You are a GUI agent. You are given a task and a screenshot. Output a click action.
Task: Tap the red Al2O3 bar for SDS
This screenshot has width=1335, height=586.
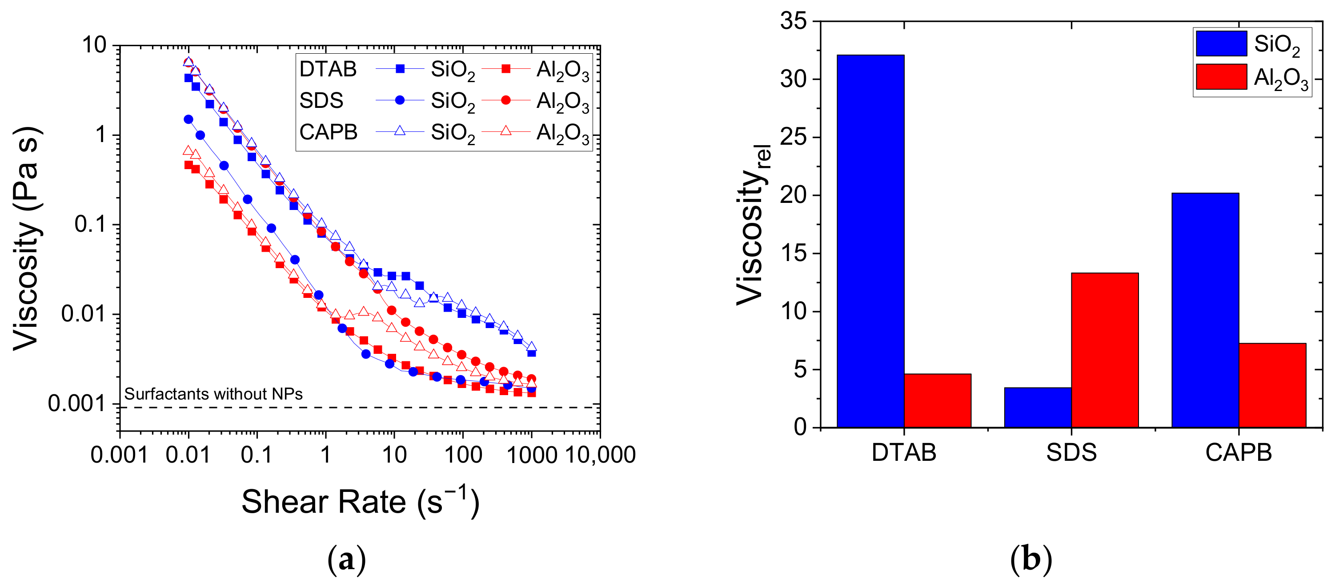1104,350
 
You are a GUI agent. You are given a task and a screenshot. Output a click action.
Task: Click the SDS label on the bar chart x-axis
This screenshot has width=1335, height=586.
1071,452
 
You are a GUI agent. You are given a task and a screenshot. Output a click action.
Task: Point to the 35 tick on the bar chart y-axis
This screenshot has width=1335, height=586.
793,21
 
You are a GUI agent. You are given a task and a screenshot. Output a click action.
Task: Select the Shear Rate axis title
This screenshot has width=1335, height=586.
360,501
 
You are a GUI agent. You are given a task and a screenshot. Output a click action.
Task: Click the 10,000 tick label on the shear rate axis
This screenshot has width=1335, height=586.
600,455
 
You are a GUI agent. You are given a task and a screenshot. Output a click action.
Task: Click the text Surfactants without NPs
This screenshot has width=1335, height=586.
213,394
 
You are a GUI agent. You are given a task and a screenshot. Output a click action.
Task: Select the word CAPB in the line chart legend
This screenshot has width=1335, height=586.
328,132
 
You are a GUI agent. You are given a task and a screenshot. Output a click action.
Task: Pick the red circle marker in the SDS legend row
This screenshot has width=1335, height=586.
506,100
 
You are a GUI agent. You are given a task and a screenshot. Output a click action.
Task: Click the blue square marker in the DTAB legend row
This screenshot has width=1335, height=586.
400,69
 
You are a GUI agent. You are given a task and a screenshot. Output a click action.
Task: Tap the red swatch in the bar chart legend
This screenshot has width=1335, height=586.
1221,77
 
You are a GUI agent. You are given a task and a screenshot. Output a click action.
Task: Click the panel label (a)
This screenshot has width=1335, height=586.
346,559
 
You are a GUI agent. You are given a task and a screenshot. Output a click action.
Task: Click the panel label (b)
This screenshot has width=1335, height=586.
1031,559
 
